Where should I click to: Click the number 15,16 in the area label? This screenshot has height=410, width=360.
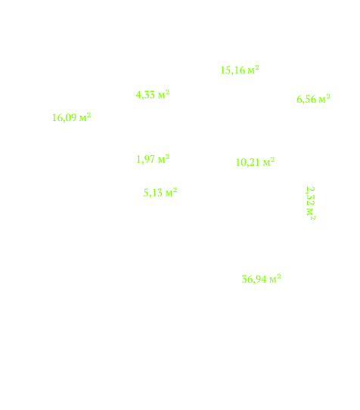pos(233,70)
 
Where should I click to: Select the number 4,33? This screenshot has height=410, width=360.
pos(145,95)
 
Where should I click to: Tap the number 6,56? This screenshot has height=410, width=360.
pos(306,99)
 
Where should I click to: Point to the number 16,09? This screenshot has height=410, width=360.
pos(64,118)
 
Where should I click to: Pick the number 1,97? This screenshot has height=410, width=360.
pos(146,160)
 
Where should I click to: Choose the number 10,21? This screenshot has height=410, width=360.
pos(248,163)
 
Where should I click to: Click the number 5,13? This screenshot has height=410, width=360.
pos(153,193)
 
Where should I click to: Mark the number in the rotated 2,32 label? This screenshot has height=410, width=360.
pos(310,196)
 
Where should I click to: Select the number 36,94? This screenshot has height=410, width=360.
pos(254,279)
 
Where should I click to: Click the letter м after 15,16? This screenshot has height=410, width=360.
pos(251,71)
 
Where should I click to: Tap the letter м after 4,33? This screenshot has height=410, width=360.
pos(162,95)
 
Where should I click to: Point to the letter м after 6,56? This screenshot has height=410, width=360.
pos(322,100)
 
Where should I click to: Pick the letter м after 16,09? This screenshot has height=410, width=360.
pos(83,118)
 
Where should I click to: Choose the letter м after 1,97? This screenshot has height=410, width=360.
pos(162,160)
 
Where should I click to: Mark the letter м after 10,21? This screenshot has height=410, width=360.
pos(267,163)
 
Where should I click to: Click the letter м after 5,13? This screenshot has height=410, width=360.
pos(169,194)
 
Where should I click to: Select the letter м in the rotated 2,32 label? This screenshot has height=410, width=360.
pos(310,212)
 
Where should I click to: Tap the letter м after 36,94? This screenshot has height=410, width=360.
pos(273,280)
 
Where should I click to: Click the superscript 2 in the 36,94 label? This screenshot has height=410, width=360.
pos(279,276)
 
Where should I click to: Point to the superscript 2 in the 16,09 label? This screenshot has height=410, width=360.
pos(89,114)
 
